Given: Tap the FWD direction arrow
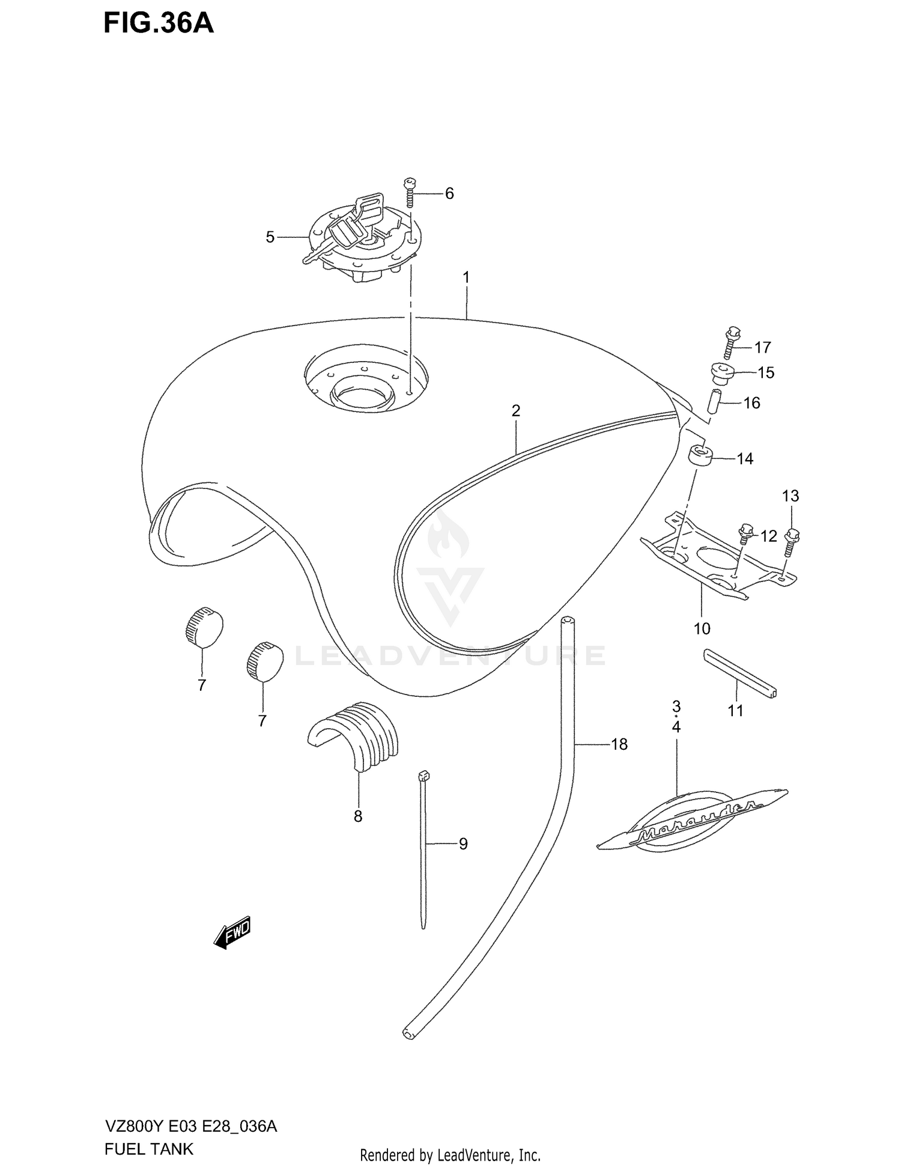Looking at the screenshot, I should (232, 934).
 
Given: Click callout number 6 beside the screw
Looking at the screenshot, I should (449, 193).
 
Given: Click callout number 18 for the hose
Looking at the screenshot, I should (619, 744).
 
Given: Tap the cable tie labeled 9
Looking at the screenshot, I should (424, 847).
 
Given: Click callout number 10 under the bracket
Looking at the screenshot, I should (702, 629).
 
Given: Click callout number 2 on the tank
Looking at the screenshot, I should (515, 411).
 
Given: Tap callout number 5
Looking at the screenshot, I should (270, 237).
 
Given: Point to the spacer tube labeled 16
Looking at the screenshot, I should (714, 401).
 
